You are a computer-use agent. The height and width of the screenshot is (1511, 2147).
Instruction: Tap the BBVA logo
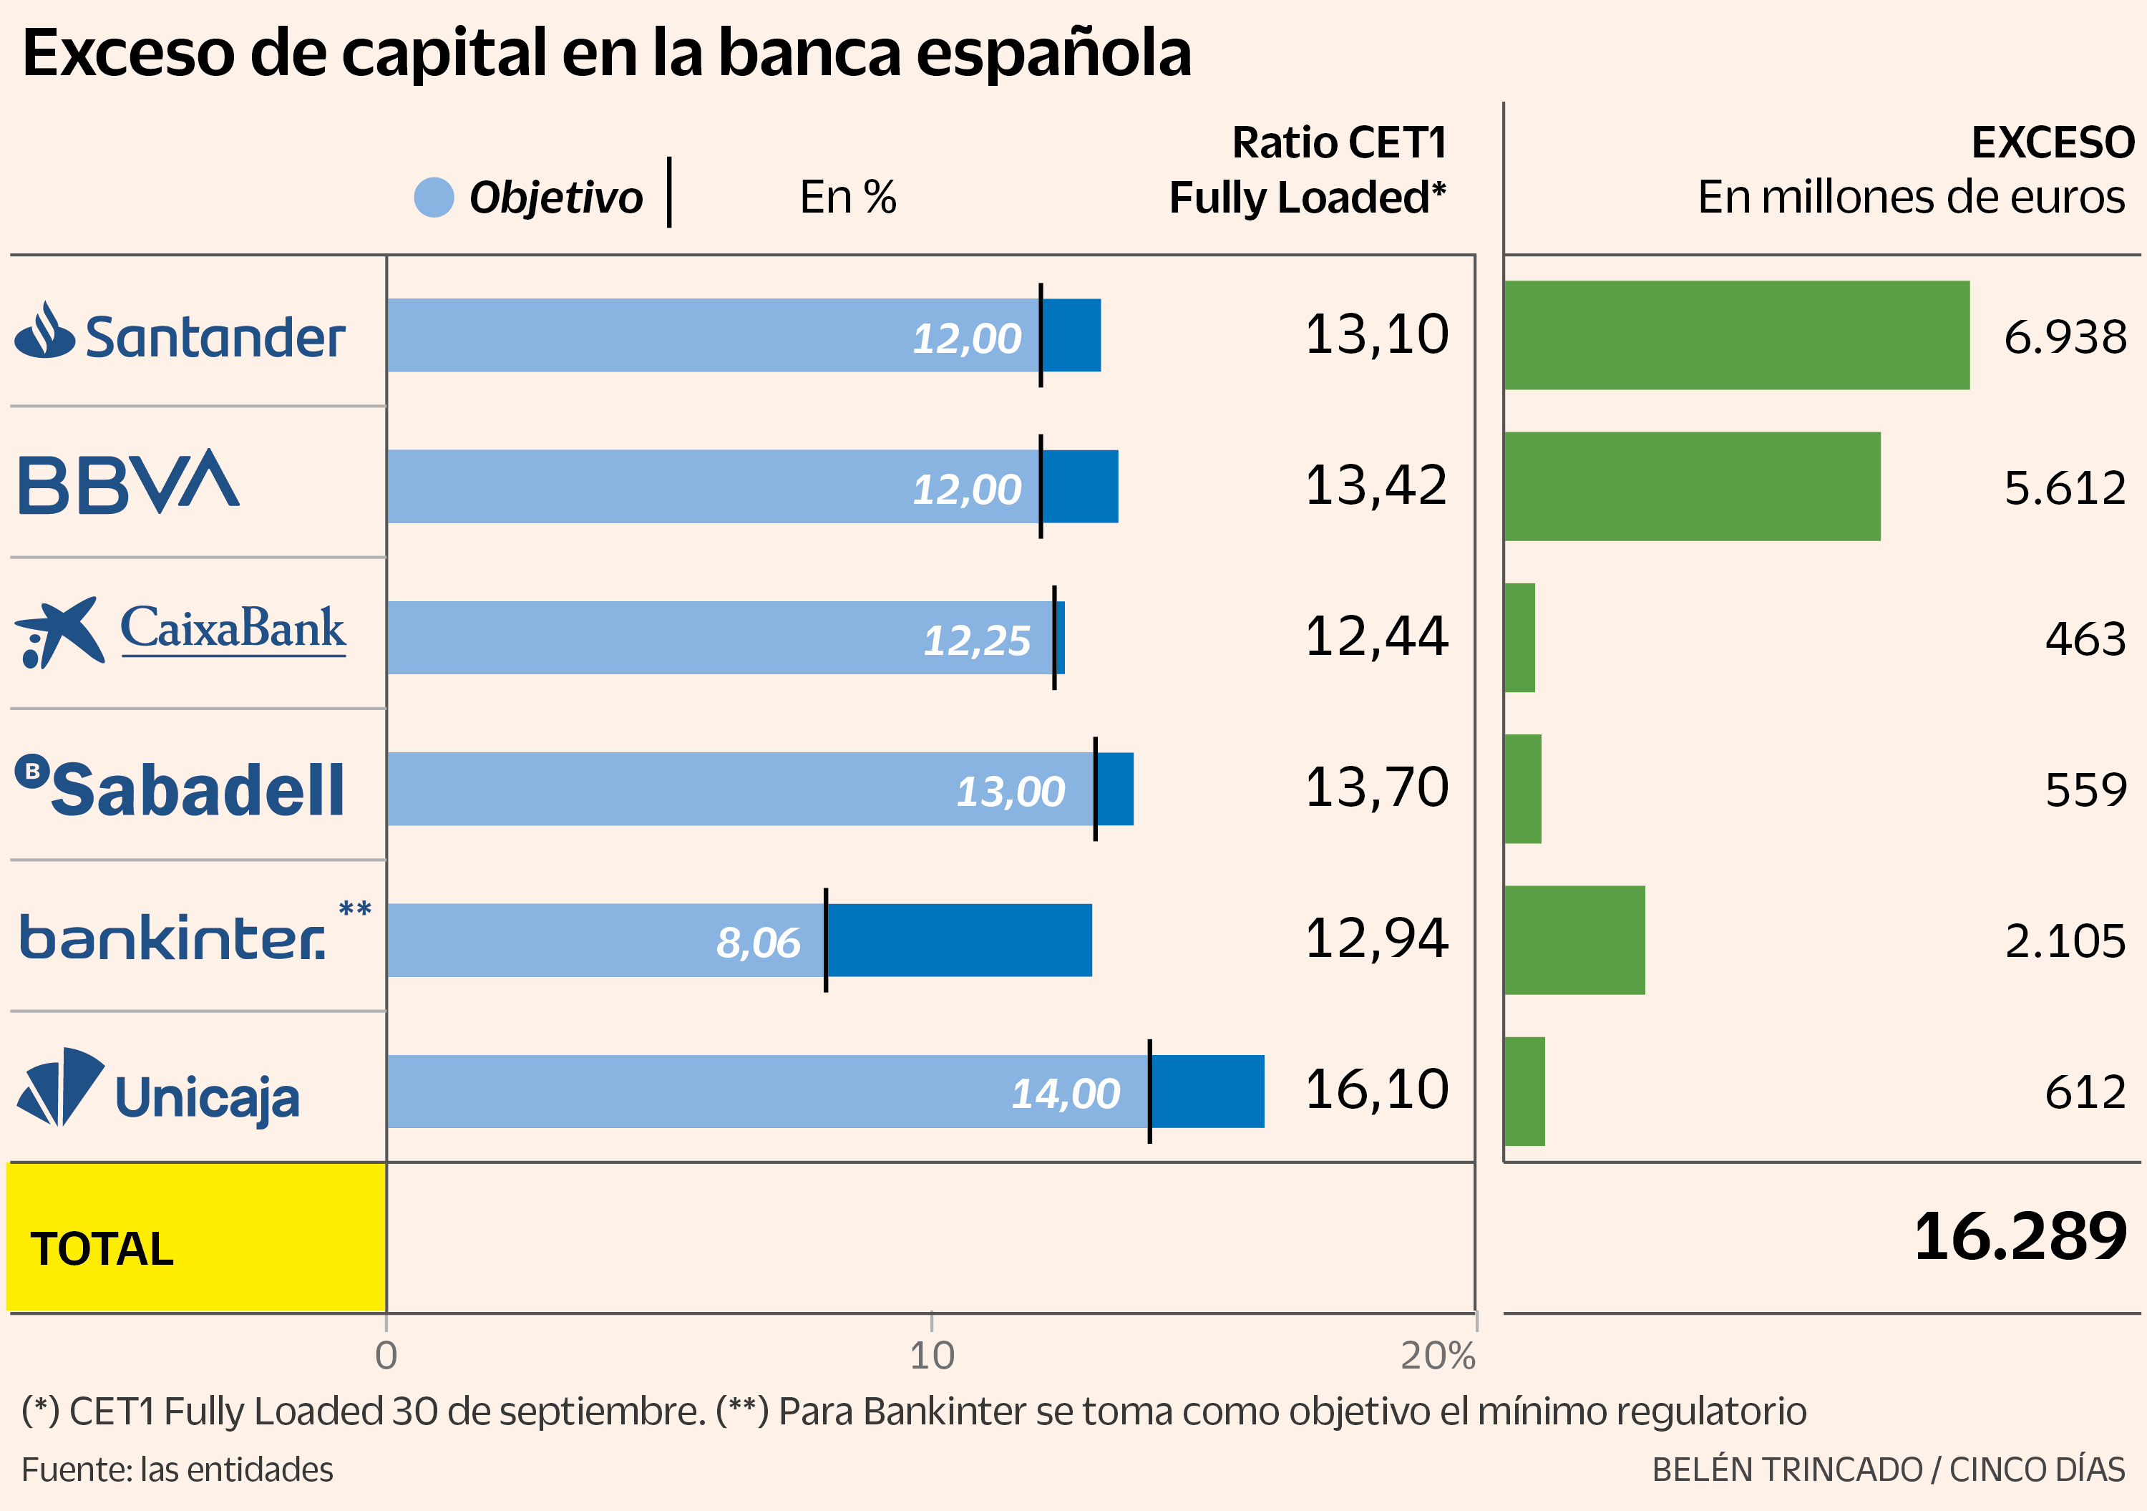point(129,482)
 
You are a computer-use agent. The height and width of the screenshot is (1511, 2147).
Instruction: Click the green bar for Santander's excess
point(1736,335)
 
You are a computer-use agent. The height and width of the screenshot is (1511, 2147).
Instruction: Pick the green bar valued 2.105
point(1574,940)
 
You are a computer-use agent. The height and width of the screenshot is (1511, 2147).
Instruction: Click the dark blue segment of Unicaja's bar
point(1207,1091)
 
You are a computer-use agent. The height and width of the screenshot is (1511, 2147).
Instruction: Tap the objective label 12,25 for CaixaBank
point(976,641)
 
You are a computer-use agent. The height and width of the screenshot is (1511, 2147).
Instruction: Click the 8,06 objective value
point(759,943)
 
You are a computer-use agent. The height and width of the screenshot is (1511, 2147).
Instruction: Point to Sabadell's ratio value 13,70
point(1376,787)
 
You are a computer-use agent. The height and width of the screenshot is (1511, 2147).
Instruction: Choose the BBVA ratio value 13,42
point(1376,485)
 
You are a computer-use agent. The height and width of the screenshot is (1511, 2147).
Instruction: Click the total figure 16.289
point(2020,1237)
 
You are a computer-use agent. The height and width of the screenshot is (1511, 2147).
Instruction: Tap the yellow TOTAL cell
point(196,1237)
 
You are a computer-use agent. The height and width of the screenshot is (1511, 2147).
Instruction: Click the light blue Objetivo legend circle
point(434,198)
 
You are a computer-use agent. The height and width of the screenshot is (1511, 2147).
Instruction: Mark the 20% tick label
point(1437,1356)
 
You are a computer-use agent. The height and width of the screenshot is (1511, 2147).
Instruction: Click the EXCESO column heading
point(2053,143)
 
